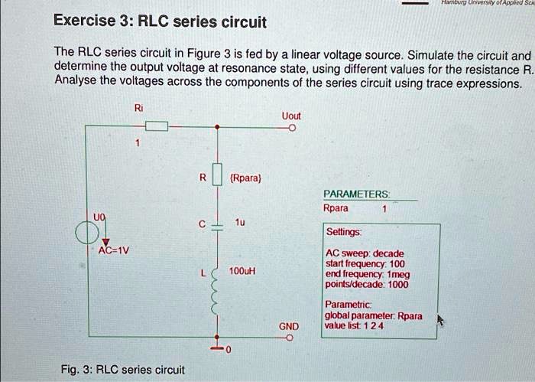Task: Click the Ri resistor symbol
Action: coord(156,128)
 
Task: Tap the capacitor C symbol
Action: coord(218,225)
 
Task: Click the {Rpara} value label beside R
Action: coord(245,178)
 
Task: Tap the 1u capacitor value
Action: coord(240,223)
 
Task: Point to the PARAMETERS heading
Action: coord(357,194)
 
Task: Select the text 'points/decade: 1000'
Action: coord(367,284)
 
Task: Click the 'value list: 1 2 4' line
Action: coord(354,325)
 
